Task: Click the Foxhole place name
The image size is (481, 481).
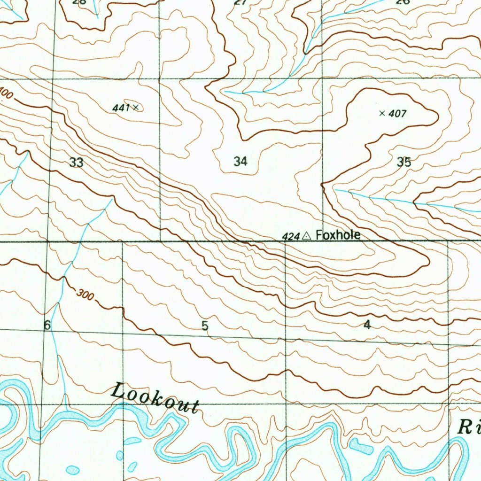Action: pyautogui.click(x=338, y=234)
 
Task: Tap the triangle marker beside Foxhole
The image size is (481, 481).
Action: pyautogui.click(x=307, y=235)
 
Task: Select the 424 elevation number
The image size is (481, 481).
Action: pyautogui.click(x=291, y=236)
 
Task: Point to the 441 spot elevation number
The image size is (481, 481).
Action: pyautogui.click(x=121, y=108)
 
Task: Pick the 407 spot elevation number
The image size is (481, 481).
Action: pyautogui.click(x=397, y=113)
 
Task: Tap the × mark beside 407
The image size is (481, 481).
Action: pyautogui.click(x=382, y=113)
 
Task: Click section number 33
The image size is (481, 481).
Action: pyautogui.click(x=76, y=163)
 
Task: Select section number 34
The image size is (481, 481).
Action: pyautogui.click(x=240, y=162)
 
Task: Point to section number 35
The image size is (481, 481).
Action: pyautogui.click(x=403, y=163)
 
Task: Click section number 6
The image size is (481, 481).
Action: pyautogui.click(x=47, y=325)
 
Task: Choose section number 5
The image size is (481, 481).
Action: pyautogui.click(x=205, y=326)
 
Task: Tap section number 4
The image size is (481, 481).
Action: pyautogui.click(x=367, y=325)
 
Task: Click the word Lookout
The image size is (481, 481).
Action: pyautogui.click(x=155, y=398)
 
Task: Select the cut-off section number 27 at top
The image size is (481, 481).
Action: pyautogui.click(x=240, y=2)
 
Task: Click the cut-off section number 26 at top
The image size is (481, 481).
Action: pyautogui.click(x=403, y=2)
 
